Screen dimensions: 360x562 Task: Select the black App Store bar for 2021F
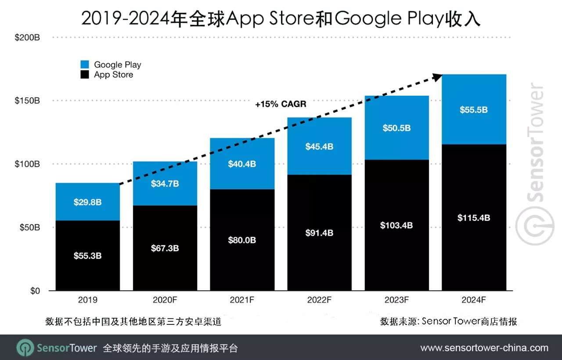point(242,263)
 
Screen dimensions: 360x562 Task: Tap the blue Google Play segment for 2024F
point(474,123)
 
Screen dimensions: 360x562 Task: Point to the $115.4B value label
point(474,218)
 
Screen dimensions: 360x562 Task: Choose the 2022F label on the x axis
point(319,300)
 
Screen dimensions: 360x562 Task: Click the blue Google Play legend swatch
point(85,65)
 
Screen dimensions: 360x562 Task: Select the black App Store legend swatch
point(85,75)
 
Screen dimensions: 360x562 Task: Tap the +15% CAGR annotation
point(281,104)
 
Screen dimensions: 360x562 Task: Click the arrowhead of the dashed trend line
point(437,76)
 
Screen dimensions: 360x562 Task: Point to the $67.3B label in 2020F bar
point(165,248)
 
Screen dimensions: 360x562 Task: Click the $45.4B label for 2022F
point(319,147)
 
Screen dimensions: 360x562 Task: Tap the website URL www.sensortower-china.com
point(484,348)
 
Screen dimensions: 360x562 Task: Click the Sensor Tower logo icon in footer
point(25,348)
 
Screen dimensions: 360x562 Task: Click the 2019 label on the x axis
point(87,300)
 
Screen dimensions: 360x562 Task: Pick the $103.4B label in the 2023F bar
point(396,225)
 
